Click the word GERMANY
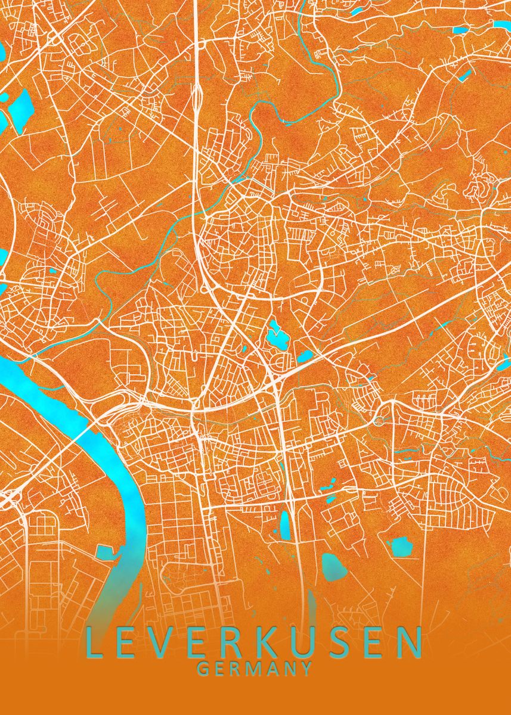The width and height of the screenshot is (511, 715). (255, 669)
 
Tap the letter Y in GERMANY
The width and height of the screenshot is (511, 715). (306, 669)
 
